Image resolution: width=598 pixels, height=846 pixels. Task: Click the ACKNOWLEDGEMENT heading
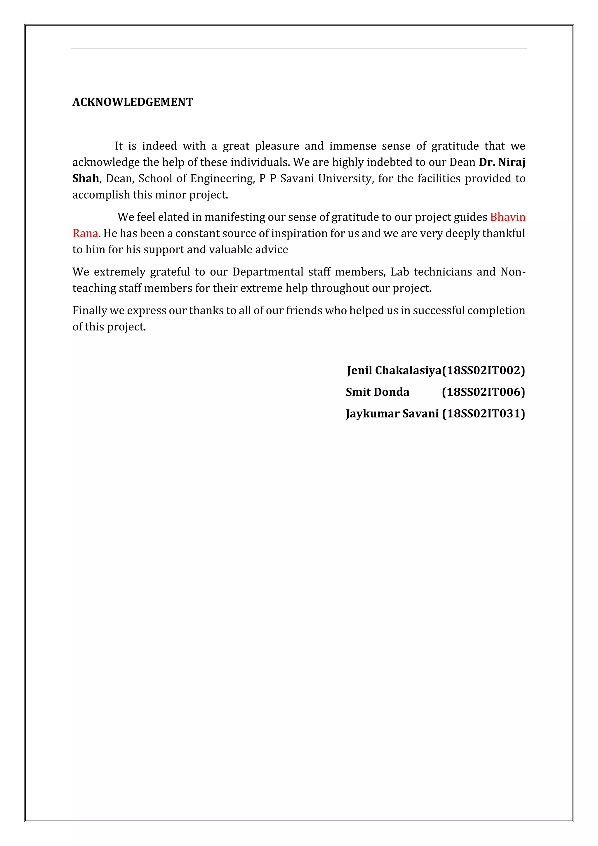(x=133, y=102)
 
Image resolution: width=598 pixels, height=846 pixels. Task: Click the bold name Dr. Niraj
(x=502, y=162)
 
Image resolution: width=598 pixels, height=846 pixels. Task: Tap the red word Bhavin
(x=507, y=217)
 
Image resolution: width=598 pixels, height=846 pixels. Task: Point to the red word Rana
(x=85, y=233)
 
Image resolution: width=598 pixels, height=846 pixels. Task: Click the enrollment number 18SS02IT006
(x=483, y=392)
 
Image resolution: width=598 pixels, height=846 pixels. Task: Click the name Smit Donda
(x=377, y=392)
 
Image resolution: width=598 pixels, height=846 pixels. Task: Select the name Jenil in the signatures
(x=359, y=370)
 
